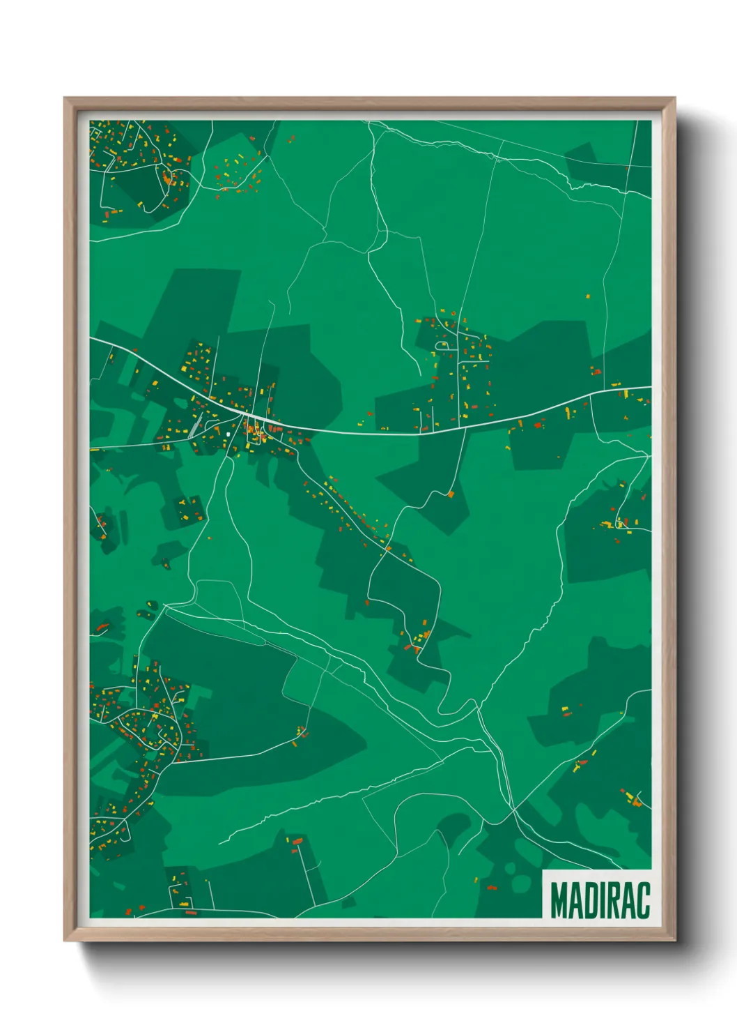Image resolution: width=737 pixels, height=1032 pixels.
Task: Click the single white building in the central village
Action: pos(228,434)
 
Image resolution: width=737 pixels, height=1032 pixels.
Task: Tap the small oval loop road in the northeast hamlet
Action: pos(442,344)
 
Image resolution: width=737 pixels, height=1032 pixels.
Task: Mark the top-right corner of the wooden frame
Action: pos(674,99)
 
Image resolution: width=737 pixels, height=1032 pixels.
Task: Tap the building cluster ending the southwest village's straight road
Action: pos(302,733)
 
